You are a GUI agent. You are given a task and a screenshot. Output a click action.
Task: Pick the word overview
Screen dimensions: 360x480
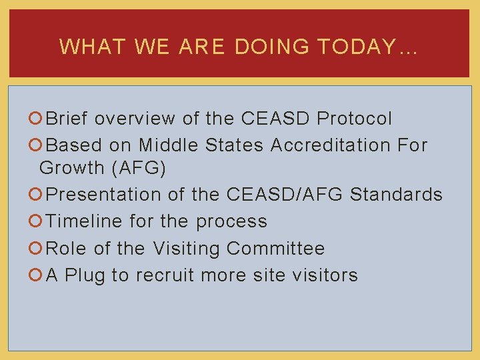(135, 119)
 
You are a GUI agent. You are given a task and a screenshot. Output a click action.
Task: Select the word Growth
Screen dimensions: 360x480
(70, 169)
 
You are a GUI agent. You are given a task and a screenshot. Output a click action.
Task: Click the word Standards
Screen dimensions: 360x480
(396, 195)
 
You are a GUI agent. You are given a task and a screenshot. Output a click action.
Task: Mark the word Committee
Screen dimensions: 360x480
(275, 249)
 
